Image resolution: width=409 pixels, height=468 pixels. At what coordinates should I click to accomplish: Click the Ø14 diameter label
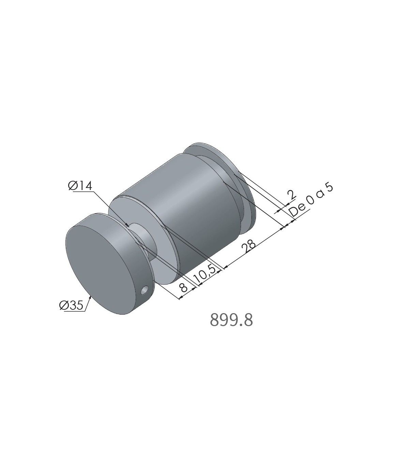click(80, 186)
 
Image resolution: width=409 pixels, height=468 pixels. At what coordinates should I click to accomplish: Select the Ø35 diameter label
click(71, 306)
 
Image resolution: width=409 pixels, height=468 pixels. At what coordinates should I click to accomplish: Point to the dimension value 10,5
click(205, 273)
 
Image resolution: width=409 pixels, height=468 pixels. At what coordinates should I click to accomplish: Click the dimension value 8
click(183, 287)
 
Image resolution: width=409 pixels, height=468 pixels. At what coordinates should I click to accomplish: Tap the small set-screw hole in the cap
click(144, 291)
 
